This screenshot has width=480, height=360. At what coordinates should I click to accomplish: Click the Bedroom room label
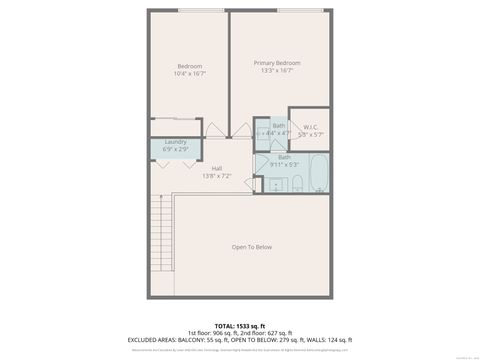190,66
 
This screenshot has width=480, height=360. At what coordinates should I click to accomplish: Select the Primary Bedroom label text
276,63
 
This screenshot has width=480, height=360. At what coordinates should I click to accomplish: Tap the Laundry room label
175,142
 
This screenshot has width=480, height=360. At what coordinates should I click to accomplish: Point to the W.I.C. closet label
310,126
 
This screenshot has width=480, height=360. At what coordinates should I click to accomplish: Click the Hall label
217,168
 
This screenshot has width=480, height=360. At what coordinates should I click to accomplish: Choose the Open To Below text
252,247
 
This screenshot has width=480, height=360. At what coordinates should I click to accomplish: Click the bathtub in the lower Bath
318,174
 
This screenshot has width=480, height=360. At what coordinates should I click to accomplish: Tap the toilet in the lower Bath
298,182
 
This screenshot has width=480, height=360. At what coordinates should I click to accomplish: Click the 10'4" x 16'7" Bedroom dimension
190,74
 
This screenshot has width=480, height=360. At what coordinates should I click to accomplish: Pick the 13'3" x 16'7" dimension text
276,71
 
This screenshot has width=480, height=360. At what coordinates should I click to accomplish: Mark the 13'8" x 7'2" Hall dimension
217,176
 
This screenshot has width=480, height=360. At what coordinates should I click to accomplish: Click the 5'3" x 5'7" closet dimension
310,134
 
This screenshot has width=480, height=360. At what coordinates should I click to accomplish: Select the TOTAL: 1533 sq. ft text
239,325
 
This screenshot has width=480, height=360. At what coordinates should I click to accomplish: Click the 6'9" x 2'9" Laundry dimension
175,149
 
